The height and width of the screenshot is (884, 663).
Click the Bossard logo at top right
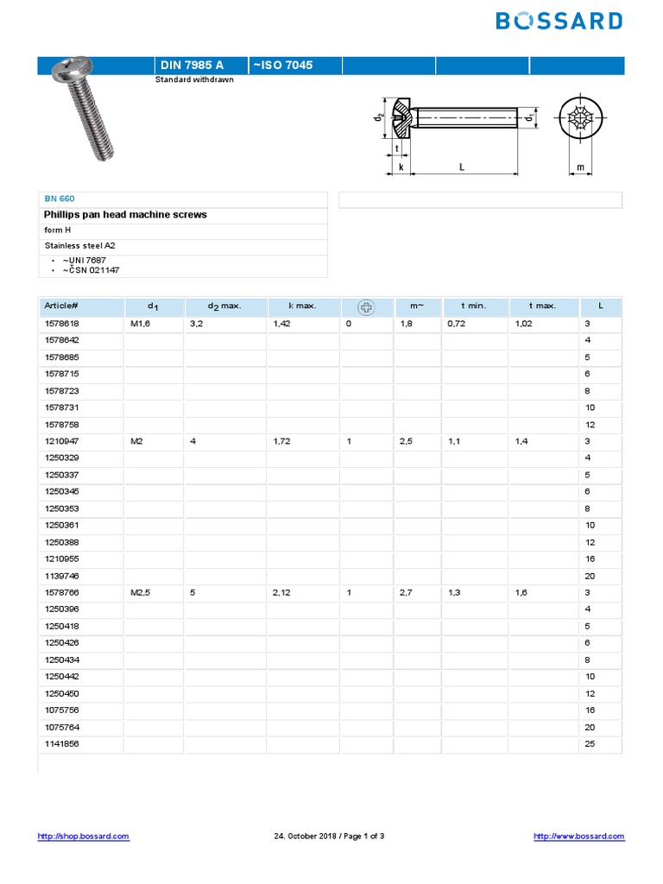559,21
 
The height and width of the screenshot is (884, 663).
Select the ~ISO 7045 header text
282,66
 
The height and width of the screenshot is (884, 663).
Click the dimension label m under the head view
580,167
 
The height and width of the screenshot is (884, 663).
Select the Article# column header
62,306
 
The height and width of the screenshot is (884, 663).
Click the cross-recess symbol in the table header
366,306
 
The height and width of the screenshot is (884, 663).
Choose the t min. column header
473,306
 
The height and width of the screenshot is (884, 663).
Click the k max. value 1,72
283,441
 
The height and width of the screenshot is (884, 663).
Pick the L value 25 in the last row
590,744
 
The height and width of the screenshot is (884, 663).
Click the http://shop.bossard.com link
84,836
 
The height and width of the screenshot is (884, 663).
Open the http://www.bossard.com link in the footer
578,836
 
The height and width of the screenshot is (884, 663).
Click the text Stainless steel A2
80,245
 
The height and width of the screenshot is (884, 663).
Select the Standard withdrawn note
194,79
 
